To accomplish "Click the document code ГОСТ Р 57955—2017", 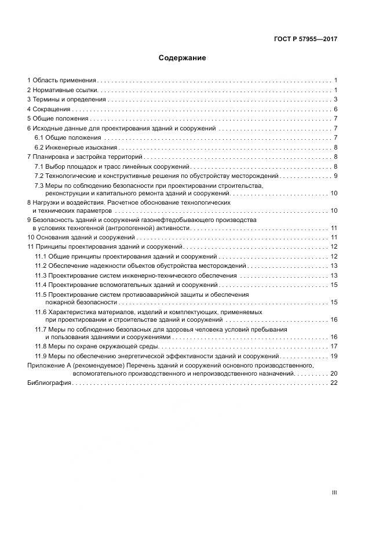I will (305, 40).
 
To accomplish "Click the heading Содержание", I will (182, 58).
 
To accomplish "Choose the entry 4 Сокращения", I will (49, 109).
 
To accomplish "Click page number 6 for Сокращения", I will (335, 109).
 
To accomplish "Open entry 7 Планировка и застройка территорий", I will (85, 157).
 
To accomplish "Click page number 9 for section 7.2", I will (335, 176).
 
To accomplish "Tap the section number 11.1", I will (40, 256).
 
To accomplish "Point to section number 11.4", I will (40, 285).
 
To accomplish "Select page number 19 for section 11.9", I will (334, 355).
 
